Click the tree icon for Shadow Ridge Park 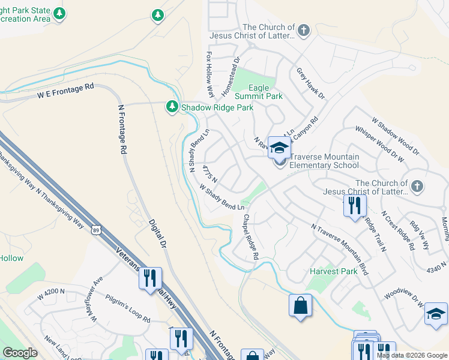pos(172,107)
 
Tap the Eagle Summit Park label pos(258,92)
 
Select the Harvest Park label pos(333,271)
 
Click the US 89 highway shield pos(95,229)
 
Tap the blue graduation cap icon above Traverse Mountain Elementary pos(279,147)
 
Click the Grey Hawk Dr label pos(310,83)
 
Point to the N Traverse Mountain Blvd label pos(340,250)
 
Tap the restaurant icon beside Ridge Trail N pos(355,206)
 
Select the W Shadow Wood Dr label pos(395,135)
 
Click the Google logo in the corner pos(20,352)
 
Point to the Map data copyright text pos(412,355)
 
